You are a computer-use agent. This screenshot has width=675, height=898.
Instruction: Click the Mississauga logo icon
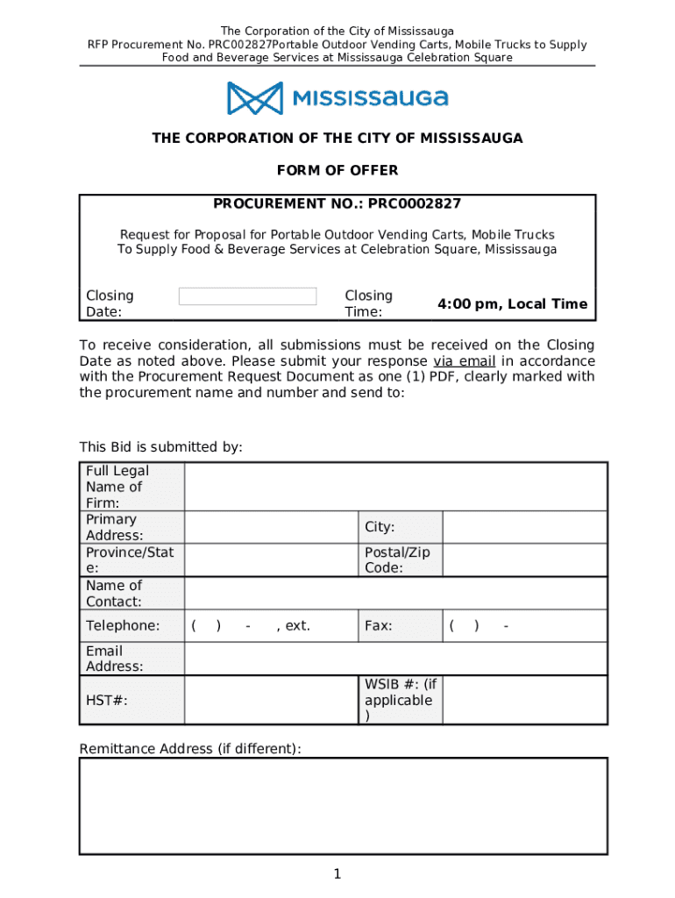[255, 97]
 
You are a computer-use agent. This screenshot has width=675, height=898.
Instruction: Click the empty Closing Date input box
[247, 296]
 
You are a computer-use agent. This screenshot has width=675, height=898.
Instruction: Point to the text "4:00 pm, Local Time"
[513, 304]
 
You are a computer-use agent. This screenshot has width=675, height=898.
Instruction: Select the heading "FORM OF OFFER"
[337, 170]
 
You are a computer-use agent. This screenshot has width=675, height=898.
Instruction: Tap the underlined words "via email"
[464, 361]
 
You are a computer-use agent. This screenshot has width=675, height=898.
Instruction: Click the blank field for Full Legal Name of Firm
[394, 487]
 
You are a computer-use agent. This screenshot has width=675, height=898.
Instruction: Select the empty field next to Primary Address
[271, 527]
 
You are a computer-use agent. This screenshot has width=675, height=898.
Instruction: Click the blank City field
[524, 527]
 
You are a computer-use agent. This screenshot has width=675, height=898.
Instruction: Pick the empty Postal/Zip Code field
[524, 559]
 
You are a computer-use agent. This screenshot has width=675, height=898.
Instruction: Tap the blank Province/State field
[271, 559]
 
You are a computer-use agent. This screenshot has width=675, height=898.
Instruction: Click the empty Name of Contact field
[394, 593]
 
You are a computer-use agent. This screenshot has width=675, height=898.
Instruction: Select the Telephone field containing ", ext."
[271, 626]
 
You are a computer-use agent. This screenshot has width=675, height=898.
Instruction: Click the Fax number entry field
[524, 626]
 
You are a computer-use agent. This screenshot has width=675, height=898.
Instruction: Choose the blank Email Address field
[394, 659]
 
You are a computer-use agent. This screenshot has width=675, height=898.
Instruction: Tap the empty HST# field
[271, 700]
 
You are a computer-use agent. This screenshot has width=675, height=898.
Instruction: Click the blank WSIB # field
[524, 700]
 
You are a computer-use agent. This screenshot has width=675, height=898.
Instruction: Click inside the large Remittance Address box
[343, 806]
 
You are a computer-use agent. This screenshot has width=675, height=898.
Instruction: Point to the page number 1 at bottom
[337, 874]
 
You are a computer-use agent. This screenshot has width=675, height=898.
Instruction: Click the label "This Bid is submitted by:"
[160, 447]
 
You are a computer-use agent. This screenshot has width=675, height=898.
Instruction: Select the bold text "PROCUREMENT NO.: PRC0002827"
[337, 204]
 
